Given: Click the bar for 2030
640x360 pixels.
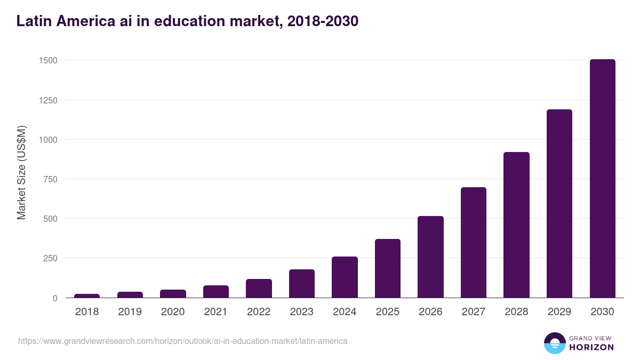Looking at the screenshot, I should pos(602,179).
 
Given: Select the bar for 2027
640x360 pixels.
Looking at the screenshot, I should pos(474,243).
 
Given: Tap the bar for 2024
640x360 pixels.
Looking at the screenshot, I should pos(345,277).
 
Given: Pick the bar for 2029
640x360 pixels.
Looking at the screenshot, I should pos(559,204).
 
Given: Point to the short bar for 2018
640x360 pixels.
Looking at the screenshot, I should pos(87,295).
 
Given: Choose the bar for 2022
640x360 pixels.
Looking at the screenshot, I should pos(259,289).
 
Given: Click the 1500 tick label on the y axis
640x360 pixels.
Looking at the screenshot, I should pos(47,61).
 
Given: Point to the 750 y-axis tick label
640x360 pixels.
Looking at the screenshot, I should pos(50,179).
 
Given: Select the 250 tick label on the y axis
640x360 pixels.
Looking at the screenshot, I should pos(50,258).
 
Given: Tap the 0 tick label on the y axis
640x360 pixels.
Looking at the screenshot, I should pos(55,298).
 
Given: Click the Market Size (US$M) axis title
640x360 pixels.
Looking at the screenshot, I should pos(21,172).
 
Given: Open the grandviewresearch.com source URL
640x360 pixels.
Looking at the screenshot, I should pos(182,341).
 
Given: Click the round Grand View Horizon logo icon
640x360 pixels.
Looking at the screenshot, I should pos(554,343).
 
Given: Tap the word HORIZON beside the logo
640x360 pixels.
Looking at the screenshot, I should pos(591,347).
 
